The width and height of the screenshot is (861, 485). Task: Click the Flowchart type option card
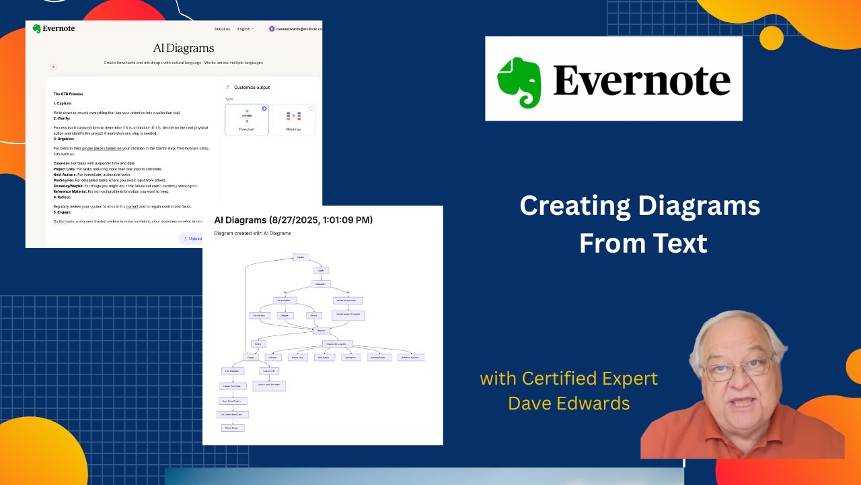click(x=246, y=119)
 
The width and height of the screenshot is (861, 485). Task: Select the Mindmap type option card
click(x=293, y=119)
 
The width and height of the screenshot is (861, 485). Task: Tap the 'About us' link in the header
click(x=222, y=29)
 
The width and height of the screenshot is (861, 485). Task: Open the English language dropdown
click(x=245, y=29)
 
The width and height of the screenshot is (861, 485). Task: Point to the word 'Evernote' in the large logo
click(x=641, y=81)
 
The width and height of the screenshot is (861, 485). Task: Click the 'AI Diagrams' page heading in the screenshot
click(x=184, y=48)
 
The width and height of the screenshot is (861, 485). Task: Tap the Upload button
click(x=192, y=238)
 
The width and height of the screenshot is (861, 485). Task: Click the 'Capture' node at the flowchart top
click(x=301, y=257)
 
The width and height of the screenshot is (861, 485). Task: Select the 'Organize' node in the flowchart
click(x=321, y=331)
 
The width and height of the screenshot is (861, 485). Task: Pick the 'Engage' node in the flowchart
click(x=250, y=358)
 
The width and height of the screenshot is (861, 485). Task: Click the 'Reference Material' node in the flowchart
click(x=410, y=358)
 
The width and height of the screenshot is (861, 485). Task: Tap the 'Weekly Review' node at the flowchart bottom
click(x=233, y=428)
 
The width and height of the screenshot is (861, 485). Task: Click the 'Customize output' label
click(x=252, y=88)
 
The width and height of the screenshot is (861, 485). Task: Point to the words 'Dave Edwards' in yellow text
click(x=568, y=403)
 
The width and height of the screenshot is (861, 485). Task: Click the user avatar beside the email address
click(x=272, y=29)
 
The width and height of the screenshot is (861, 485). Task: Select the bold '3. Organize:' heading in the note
click(x=64, y=139)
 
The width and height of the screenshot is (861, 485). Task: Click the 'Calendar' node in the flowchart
click(x=272, y=358)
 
